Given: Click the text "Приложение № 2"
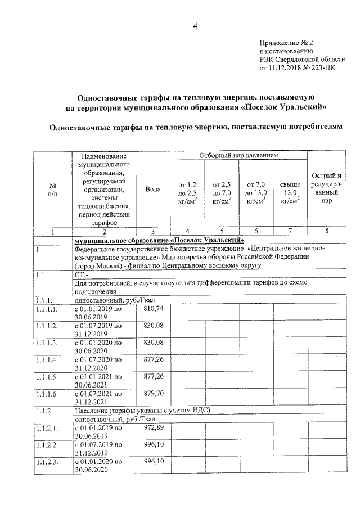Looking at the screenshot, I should pos(286,43).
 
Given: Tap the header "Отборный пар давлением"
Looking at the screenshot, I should pos(238,155).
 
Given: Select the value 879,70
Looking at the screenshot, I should pos(154,394).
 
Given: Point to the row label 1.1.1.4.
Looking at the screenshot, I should pos(47,361).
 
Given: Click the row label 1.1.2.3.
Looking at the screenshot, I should pos(47,463).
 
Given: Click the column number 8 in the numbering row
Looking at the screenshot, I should pos(327,232).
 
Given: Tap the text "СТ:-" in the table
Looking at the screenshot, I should pos(82,275).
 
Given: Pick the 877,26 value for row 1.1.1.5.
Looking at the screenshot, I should pos(154,377).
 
